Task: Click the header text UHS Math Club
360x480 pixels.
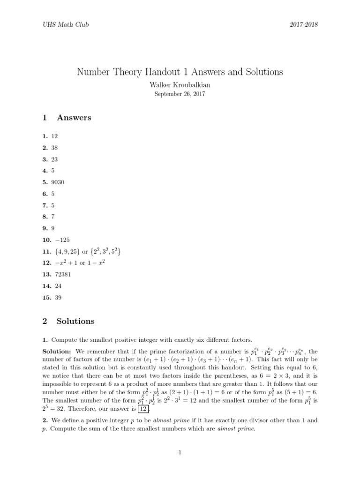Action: click(65, 24)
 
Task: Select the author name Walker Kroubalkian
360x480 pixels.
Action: click(180, 85)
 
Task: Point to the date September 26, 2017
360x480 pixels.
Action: click(180, 94)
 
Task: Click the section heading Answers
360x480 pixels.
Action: click(74, 118)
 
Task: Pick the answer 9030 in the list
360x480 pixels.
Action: click(58, 182)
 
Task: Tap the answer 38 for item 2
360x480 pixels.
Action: click(55, 147)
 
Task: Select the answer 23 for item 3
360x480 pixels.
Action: click(55, 159)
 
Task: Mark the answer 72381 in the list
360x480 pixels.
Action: click(60, 274)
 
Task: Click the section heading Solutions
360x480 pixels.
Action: click(75, 322)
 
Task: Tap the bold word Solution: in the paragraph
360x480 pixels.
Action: click(57, 352)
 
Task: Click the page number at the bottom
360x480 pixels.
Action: click(180, 452)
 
